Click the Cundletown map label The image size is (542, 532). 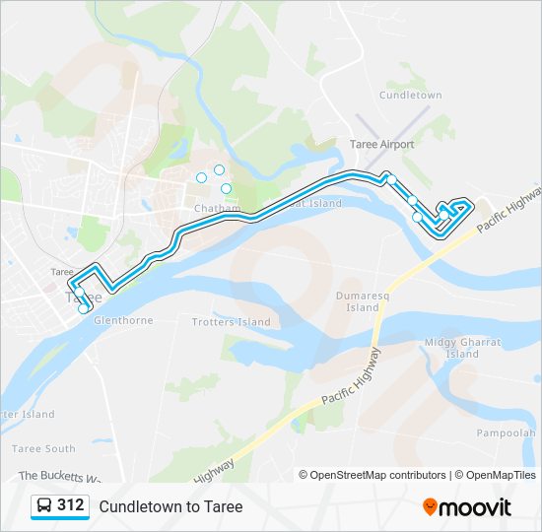410,96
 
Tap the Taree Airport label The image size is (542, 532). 381,145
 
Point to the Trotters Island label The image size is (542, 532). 231,322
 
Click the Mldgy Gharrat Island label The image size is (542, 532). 462,348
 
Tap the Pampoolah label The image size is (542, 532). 506,432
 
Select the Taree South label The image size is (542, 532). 43,448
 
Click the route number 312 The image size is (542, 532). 70,505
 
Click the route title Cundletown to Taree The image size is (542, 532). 170,506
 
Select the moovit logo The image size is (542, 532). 467,507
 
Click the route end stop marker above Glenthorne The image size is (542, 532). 84,308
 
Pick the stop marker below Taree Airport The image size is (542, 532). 390,179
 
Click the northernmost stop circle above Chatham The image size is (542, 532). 219,169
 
